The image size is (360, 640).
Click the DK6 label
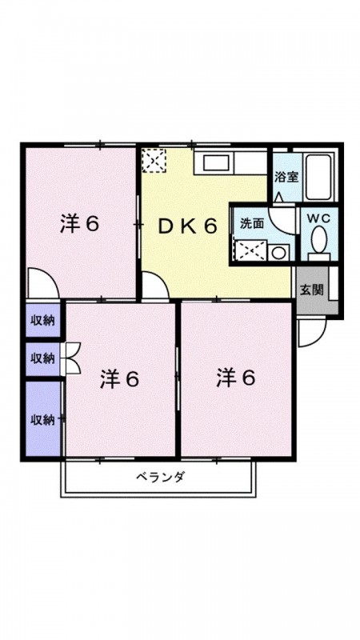tap(187, 226)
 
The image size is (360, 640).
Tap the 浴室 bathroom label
tap(286, 178)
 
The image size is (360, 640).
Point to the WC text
tap(318, 218)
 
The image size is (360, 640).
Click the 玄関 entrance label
tap(312, 290)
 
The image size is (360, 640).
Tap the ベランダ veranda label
tap(161, 476)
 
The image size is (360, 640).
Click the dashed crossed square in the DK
tap(154, 161)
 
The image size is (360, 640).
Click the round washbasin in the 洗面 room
tap(278, 253)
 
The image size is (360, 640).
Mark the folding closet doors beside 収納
tap(71, 358)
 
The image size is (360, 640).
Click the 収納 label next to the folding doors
tap(43, 358)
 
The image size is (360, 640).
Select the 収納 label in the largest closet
tap(43, 419)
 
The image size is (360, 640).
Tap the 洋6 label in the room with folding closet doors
tap(120, 379)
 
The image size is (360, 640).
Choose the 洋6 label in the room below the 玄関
tap(236, 378)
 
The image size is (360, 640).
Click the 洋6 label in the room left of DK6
tap(79, 225)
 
